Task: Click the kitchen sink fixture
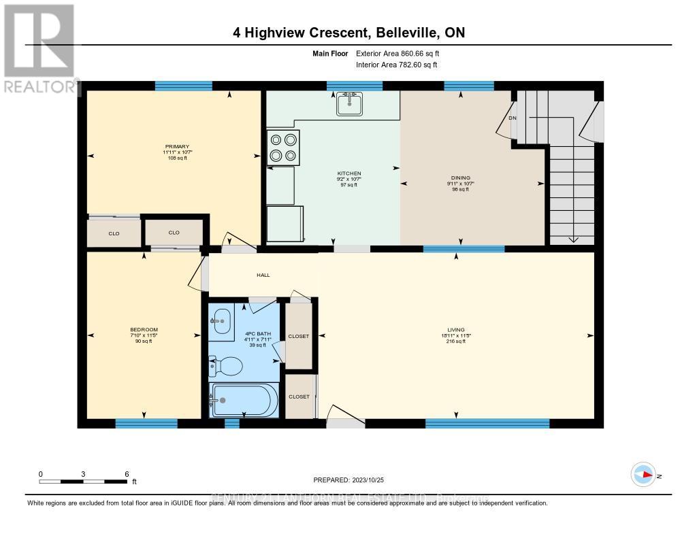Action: pyautogui.click(x=349, y=104)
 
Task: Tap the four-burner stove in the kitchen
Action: pyautogui.click(x=282, y=148)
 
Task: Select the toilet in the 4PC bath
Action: pyautogui.click(x=227, y=367)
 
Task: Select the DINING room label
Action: pyautogui.click(x=461, y=178)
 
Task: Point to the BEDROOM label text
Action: pyautogui.click(x=144, y=330)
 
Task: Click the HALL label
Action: pyautogui.click(x=263, y=275)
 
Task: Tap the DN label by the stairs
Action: pyautogui.click(x=513, y=118)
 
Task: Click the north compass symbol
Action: pyautogui.click(x=643, y=474)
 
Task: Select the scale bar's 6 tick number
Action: pyautogui.click(x=127, y=473)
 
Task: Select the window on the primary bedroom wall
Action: pyautogui.click(x=183, y=86)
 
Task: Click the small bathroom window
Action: pyautogui.click(x=232, y=424)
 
